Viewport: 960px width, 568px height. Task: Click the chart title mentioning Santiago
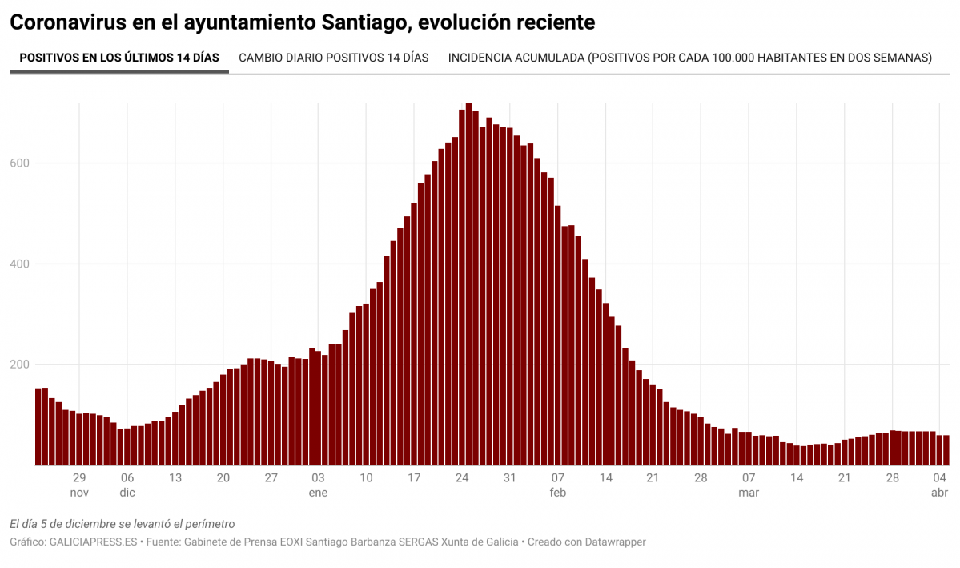pos(302,22)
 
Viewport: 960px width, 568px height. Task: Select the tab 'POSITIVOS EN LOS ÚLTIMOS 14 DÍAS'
pos(118,58)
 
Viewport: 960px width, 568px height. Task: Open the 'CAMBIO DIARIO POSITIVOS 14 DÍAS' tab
pos(333,58)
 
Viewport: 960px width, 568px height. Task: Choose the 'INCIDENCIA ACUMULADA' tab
pos(689,58)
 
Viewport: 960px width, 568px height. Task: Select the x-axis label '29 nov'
pos(79,485)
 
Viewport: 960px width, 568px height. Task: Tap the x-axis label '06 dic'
pos(127,485)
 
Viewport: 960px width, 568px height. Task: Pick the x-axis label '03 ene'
pos(318,485)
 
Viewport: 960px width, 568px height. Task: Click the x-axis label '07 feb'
pos(558,485)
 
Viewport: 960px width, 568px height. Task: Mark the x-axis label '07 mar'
pos(749,485)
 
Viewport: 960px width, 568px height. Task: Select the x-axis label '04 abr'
pos(939,485)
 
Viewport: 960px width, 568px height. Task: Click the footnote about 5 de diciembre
pos(123,524)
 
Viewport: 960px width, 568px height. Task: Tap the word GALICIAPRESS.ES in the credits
pos(92,542)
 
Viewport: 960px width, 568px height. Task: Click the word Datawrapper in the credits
pos(616,542)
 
